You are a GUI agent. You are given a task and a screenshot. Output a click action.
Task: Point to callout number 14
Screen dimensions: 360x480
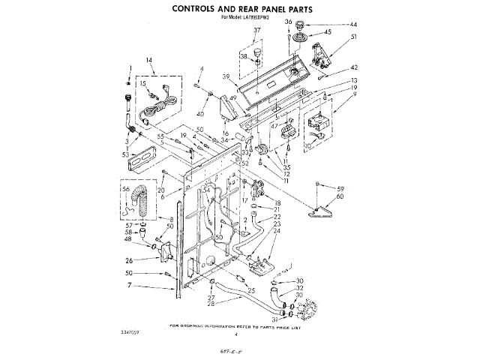(148, 61)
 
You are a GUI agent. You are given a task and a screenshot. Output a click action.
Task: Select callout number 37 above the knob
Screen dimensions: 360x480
(257, 31)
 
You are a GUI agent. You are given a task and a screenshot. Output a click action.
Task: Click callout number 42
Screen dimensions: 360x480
(353, 67)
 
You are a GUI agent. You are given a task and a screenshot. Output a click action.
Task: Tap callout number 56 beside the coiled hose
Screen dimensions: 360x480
(124, 190)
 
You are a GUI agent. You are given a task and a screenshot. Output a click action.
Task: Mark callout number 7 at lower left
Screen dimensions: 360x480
(129, 286)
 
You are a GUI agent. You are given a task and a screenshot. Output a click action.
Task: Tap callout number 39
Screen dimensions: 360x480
(224, 76)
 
